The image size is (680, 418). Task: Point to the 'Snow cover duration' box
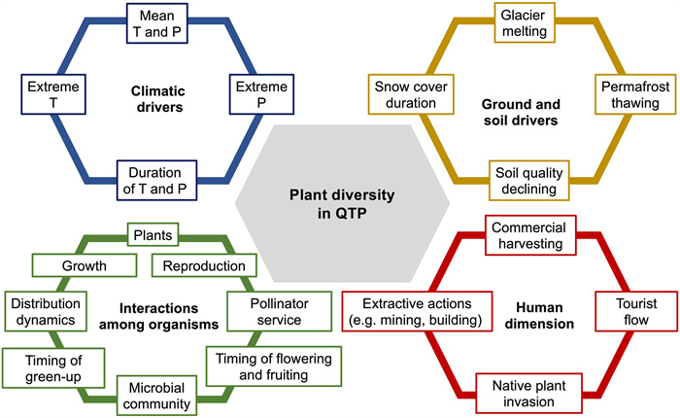coord(410,95)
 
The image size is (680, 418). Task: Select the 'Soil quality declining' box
coord(525,178)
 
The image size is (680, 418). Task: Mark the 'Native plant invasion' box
coord(525,392)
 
